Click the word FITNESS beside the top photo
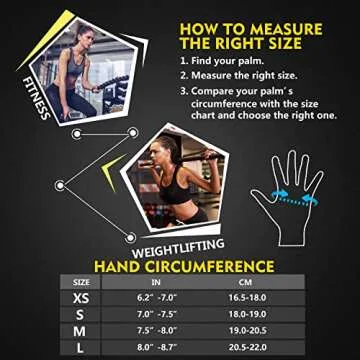click(x=33, y=100)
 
